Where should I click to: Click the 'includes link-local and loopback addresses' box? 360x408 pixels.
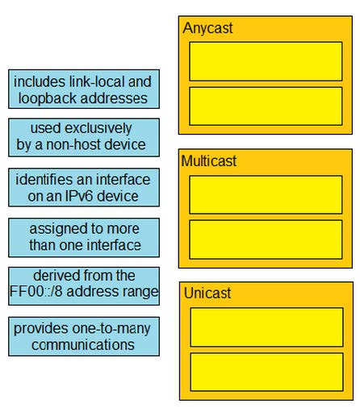[84, 90]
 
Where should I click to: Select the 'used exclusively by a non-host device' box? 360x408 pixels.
[84, 137]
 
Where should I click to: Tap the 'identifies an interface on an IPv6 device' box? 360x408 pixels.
[84, 187]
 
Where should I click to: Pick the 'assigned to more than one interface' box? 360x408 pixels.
[84, 238]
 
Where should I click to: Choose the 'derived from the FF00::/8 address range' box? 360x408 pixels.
[84, 286]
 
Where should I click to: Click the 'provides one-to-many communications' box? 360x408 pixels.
[84, 336]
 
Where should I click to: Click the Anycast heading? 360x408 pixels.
[207, 28]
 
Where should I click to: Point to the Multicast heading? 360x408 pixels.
[209, 161]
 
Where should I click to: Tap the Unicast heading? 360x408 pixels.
[207, 293]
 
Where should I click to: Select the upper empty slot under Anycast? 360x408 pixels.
[266, 61]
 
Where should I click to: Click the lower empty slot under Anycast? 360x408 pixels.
[266, 106]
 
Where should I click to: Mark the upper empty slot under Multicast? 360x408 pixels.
[266, 195]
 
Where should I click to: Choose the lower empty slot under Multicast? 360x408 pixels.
[266, 239]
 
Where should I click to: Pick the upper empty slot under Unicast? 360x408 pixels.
[266, 327]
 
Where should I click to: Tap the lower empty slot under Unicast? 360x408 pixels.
[266, 372]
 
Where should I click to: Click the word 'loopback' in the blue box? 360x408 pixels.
[48, 98]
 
